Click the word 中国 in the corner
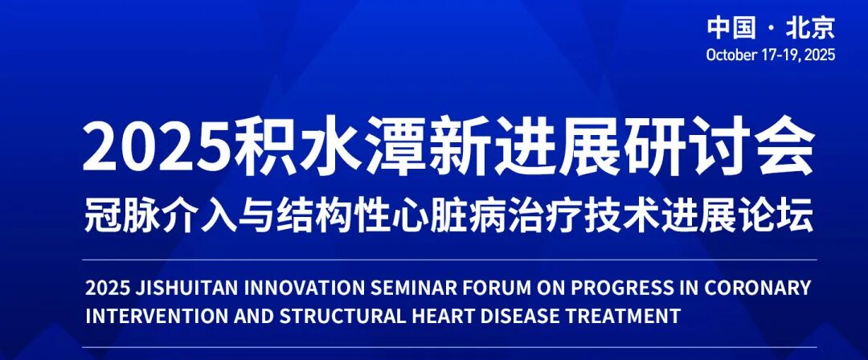coord(731,29)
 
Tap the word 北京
coord(810,29)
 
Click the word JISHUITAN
coord(185,288)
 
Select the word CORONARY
coord(760,288)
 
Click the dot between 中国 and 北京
coord(770,30)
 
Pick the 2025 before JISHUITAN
coord(106,288)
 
